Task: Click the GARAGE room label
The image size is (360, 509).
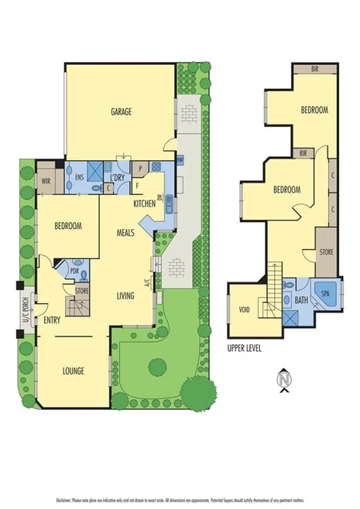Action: tap(119, 111)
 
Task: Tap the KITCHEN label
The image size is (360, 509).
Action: tap(145, 203)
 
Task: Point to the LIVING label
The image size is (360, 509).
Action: tap(126, 295)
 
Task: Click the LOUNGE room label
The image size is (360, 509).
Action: tap(74, 371)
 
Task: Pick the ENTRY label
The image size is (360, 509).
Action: tap(53, 320)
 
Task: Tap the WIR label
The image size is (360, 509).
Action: tap(46, 182)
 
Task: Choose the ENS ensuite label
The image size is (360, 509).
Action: tap(79, 176)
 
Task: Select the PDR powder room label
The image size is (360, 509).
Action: tap(74, 271)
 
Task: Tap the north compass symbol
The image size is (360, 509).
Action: tap(284, 380)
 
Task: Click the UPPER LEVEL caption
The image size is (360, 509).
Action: tap(245, 348)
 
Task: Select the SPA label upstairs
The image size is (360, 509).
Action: tap(325, 295)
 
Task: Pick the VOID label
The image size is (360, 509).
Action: tap(245, 311)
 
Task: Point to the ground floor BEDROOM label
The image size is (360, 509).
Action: tap(68, 226)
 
